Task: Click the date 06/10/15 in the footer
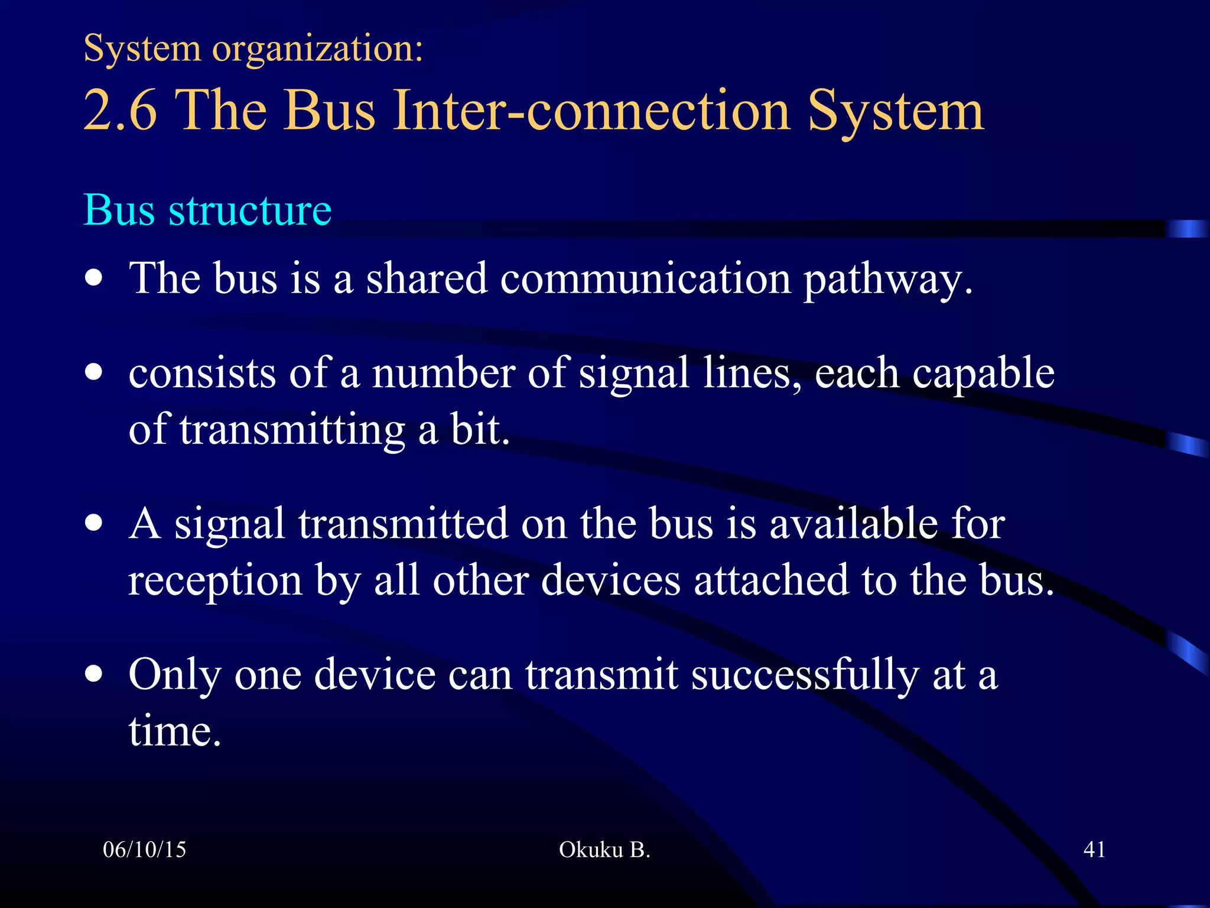click(x=144, y=849)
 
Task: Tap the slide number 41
click(x=1094, y=849)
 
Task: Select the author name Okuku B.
click(x=604, y=849)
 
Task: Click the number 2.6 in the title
click(x=121, y=111)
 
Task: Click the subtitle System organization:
click(x=253, y=48)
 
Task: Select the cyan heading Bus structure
click(x=207, y=210)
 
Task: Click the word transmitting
click(x=292, y=430)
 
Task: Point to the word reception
click(x=215, y=581)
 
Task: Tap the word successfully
click(x=805, y=675)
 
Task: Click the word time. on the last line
click(x=174, y=732)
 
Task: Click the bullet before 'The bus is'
click(x=93, y=277)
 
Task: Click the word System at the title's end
click(x=895, y=111)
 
